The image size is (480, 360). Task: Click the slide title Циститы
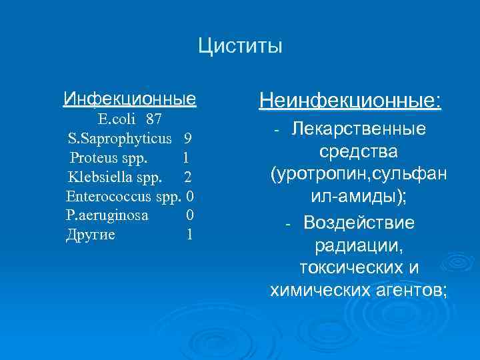tap(240, 47)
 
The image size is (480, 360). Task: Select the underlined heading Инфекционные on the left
tap(129, 99)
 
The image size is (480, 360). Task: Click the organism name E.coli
tap(118, 119)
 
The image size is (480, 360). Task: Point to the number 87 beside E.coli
tap(154, 119)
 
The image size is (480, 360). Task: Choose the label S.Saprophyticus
tap(119, 139)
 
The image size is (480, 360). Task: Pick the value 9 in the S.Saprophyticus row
tap(188, 139)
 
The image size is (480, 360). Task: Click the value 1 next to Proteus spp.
tap(185, 158)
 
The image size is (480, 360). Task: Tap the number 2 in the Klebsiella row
tap(188, 177)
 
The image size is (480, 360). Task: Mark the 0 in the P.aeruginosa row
tap(190, 215)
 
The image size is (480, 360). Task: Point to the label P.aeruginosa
tap(107, 215)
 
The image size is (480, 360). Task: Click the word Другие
tap(91, 235)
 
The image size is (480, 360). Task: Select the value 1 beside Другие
tap(190, 235)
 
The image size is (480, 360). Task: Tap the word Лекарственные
tap(358, 128)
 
